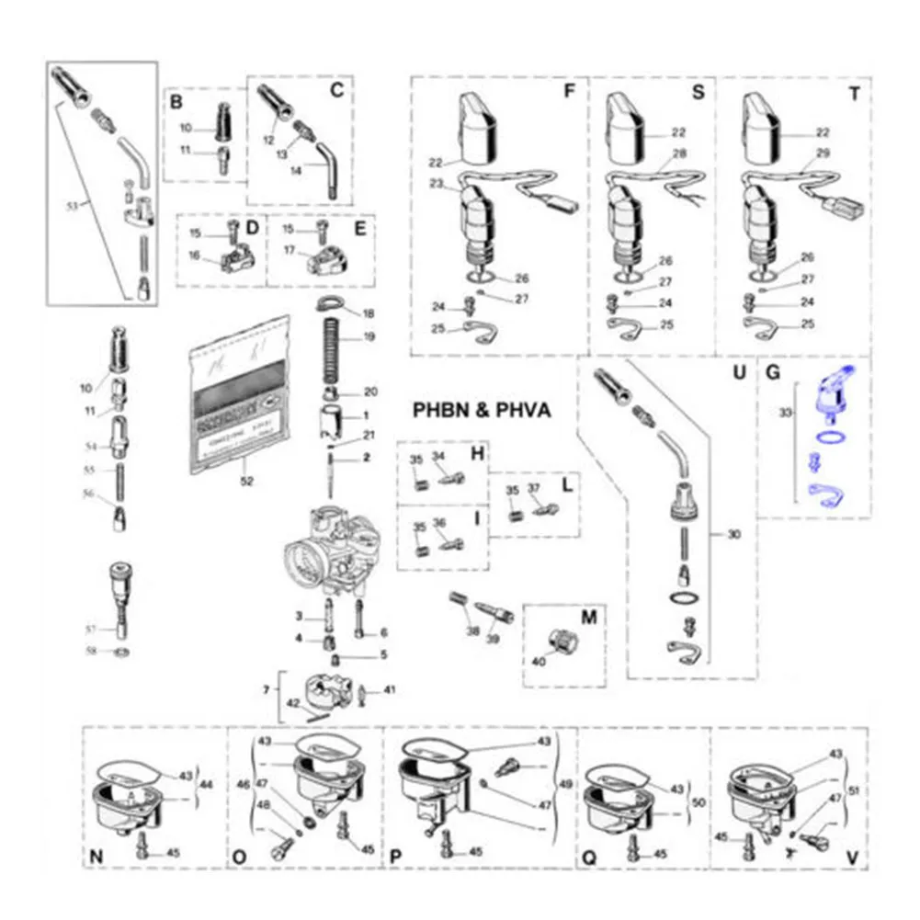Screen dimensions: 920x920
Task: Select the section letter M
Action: click(x=589, y=617)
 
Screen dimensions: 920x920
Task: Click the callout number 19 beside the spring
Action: click(x=369, y=337)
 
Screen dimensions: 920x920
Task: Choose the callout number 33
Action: click(x=785, y=415)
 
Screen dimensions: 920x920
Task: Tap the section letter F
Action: click(x=569, y=93)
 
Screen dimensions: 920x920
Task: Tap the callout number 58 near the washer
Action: click(x=91, y=652)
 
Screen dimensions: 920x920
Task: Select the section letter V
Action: click(x=853, y=858)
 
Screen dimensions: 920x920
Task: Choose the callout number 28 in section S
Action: click(x=679, y=153)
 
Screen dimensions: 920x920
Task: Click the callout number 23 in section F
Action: click(x=437, y=183)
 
